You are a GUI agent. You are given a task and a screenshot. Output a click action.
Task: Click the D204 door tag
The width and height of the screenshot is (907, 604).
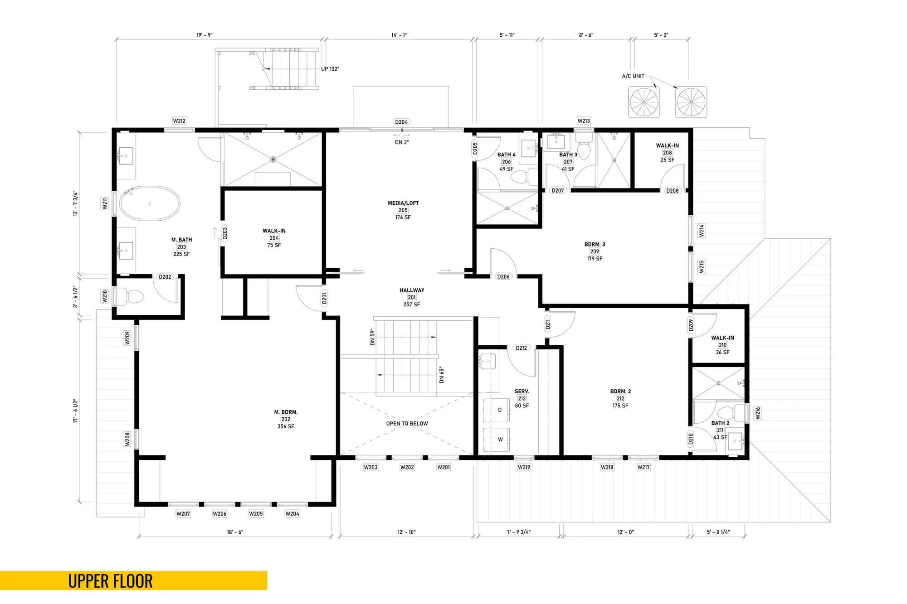click(401, 122)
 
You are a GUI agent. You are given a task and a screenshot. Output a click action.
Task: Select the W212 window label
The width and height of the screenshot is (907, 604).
click(179, 121)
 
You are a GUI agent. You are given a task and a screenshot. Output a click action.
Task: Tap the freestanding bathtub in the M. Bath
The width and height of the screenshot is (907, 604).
click(150, 203)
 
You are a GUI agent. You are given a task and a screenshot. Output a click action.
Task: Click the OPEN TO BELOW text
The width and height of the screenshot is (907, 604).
click(407, 424)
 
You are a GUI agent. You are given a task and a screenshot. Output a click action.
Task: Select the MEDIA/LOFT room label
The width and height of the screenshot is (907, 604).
click(403, 203)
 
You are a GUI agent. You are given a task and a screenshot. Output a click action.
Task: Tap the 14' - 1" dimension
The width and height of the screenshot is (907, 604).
click(399, 35)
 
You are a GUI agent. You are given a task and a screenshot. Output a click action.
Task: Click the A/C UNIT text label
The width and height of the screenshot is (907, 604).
click(633, 76)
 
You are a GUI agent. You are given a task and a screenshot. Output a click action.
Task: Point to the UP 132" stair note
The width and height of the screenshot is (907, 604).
click(330, 69)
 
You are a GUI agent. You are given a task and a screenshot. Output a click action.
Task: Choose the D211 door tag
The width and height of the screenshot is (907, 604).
click(547, 324)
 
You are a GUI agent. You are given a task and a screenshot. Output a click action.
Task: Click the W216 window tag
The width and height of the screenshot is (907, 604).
click(757, 413)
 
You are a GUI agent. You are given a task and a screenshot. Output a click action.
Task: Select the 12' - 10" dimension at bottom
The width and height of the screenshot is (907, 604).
click(406, 532)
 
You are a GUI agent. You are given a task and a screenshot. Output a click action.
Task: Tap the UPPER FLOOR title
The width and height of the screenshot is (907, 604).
click(110, 581)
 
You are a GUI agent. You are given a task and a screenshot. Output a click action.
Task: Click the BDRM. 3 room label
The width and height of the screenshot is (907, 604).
click(595, 244)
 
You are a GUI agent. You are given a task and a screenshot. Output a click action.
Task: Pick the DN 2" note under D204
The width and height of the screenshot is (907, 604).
click(401, 142)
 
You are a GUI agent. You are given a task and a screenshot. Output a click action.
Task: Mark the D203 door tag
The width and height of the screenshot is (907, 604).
click(225, 233)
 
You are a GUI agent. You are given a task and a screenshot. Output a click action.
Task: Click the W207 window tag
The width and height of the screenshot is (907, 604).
click(183, 513)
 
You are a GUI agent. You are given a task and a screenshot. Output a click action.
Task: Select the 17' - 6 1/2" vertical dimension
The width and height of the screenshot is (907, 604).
click(76, 411)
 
